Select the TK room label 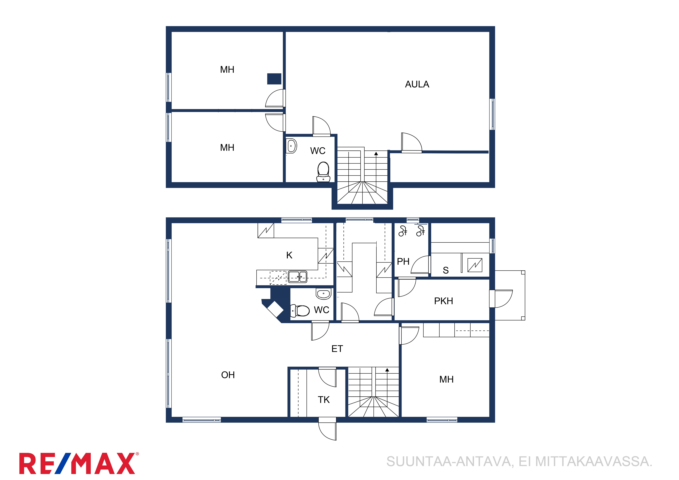click(323, 400)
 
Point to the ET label click(337, 349)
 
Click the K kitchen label click(289, 255)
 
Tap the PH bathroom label click(403, 261)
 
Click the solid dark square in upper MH click(274, 79)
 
